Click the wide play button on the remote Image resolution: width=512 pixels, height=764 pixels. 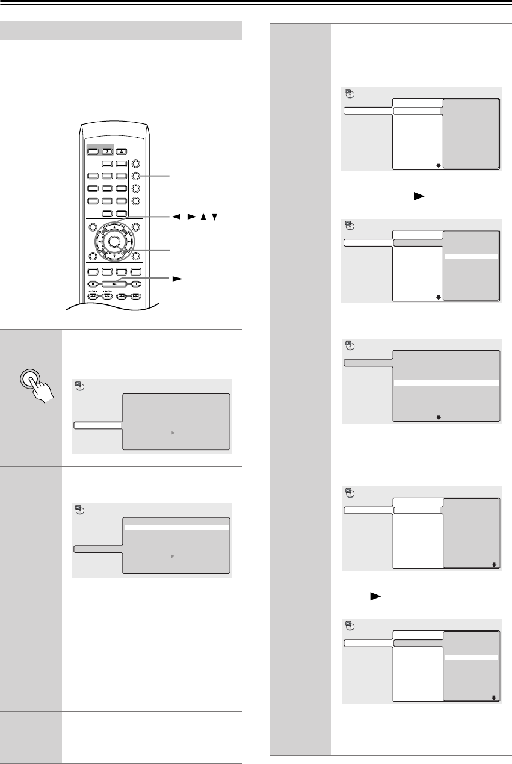(108, 283)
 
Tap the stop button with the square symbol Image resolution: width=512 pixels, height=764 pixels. (92, 283)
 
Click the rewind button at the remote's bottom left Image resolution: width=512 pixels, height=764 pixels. (93, 296)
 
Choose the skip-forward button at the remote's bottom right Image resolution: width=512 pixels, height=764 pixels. (136, 296)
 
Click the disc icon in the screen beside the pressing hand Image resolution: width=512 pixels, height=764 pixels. (78, 386)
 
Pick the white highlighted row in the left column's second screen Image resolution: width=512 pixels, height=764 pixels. (176, 526)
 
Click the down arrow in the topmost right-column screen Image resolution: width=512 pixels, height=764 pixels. (439, 164)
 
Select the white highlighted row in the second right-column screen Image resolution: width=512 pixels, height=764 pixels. (471, 256)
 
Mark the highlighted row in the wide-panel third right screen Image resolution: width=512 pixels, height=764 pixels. (446, 382)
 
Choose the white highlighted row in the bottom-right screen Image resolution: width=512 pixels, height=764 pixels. (471, 658)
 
